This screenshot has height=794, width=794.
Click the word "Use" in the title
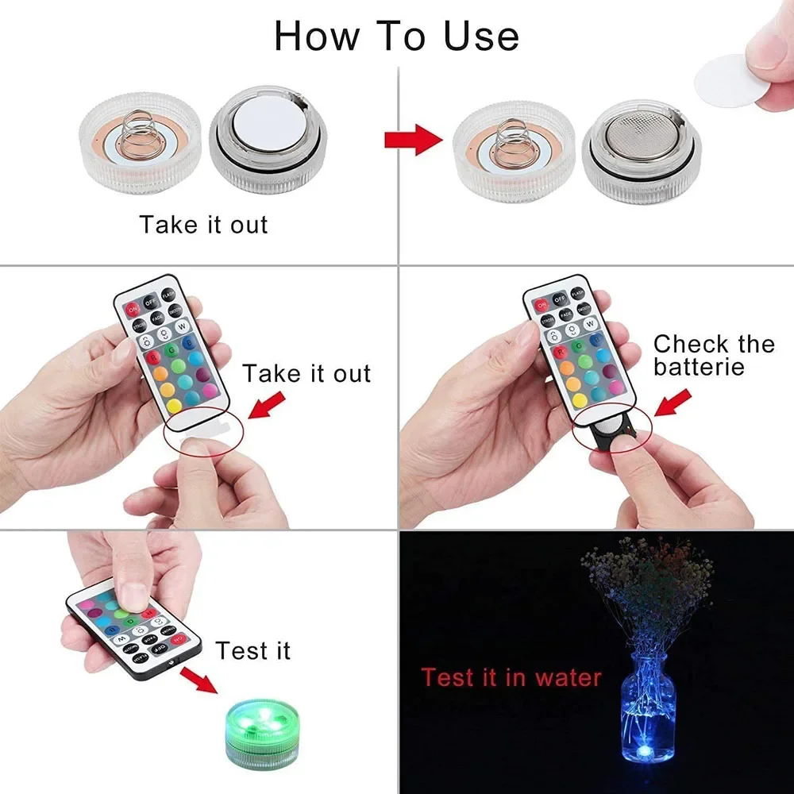click(478, 36)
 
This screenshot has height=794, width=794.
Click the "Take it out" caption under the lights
click(204, 225)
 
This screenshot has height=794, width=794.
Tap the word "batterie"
click(699, 367)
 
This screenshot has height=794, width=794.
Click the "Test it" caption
click(253, 651)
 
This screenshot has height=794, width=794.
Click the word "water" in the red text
click(565, 677)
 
